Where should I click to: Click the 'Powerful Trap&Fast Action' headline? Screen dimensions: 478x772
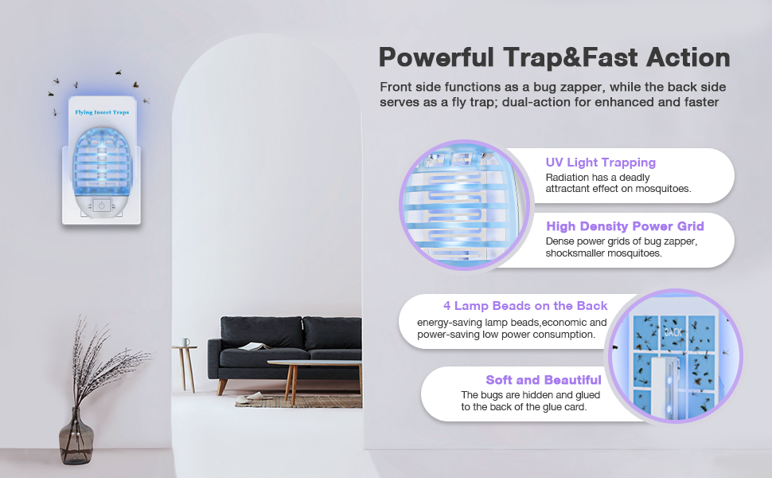pyautogui.click(x=554, y=57)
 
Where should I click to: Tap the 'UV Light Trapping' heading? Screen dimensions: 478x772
pyautogui.click(x=601, y=163)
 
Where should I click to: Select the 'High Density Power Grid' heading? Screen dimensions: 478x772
pyautogui.click(x=625, y=226)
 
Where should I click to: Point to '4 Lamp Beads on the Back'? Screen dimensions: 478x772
pyautogui.click(x=525, y=306)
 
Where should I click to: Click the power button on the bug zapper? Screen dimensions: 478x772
pyautogui.click(x=101, y=206)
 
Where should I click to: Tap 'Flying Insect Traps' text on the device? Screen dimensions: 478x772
pyautogui.click(x=102, y=113)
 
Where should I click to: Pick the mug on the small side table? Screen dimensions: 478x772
pyautogui.click(x=185, y=343)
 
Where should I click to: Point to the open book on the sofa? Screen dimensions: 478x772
pyautogui.click(x=254, y=346)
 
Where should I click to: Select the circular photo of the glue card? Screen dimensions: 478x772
pyautogui.click(x=675, y=355)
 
